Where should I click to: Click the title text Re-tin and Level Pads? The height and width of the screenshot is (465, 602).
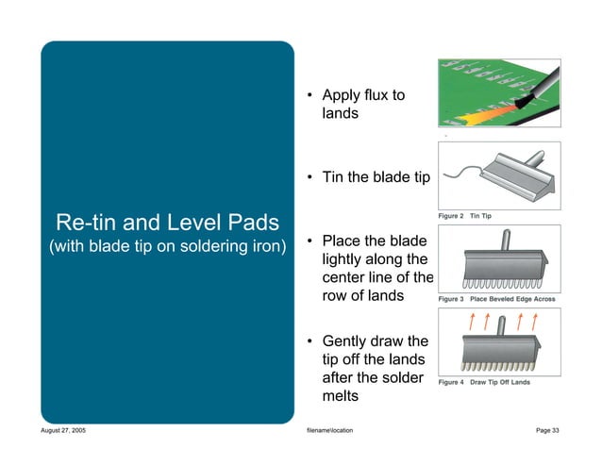pos(168,224)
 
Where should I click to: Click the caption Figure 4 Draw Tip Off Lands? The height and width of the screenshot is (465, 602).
pos(485,382)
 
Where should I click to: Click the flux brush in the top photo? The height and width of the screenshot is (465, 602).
pos(533,89)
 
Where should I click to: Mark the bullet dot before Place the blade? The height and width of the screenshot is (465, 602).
pos(309,241)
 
